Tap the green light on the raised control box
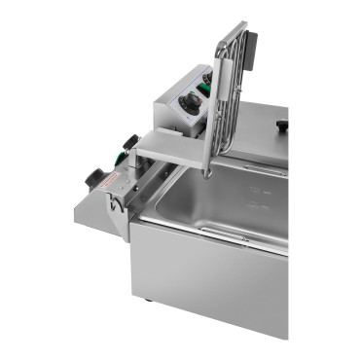[202, 92]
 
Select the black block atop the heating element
[249, 44]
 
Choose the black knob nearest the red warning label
[95, 179]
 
